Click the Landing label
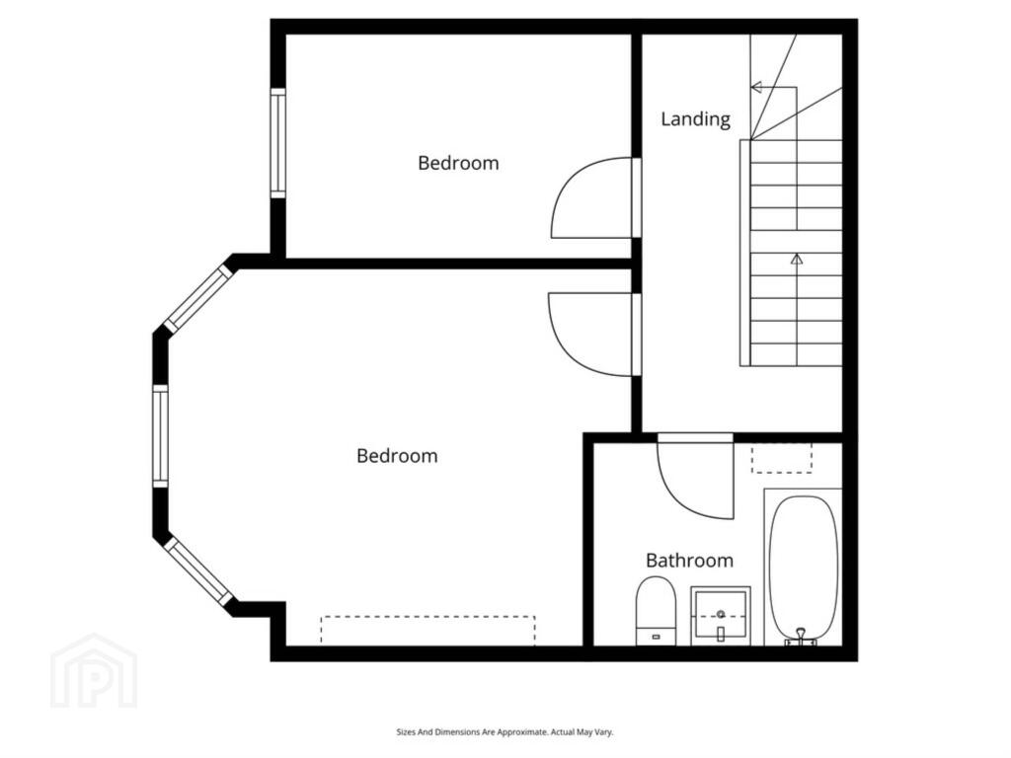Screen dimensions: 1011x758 [696, 119]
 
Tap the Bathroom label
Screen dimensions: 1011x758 [689, 561]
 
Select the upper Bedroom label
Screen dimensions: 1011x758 [458, 163]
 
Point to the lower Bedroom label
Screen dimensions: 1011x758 [397, 456]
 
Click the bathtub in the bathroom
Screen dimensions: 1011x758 [804, 568]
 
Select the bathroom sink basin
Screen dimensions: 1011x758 [721, 616]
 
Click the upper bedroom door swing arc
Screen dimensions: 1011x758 [564, 187]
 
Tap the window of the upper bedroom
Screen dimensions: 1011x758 [277, 143]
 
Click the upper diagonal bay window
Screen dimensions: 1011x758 [198, 298]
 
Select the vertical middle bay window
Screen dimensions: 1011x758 [160, 435]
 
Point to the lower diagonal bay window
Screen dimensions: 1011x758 [197, 571]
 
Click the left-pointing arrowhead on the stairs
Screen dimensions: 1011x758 [757, 87]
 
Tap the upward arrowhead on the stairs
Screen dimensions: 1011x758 [797, 259]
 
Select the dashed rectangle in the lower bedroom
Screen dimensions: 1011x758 [428, 631]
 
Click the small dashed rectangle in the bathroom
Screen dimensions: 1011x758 [782, 458]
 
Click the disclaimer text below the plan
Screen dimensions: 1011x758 [505, 732]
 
